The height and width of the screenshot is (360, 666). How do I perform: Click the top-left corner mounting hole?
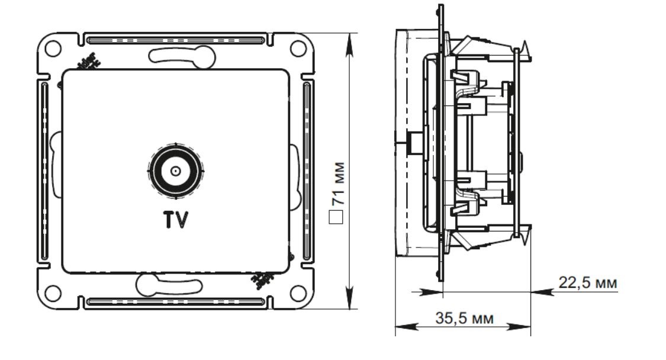[53, 49]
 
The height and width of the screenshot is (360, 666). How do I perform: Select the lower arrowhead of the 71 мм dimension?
[350, 301]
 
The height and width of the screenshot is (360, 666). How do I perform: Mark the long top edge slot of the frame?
[175, 41]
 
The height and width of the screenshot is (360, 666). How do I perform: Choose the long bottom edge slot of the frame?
[175, 302]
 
